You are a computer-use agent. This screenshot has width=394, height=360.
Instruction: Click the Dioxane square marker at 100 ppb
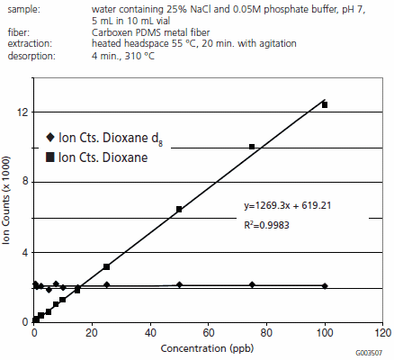pyautogui.click(x=325, y=105)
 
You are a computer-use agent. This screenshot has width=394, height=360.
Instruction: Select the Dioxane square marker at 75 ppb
pyautogui.click(x=252, y=147)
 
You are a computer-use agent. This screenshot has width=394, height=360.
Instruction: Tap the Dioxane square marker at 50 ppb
pyautogui.click(x=179, y=209)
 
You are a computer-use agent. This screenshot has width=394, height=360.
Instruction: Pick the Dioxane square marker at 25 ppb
pyautogui.click(x=106, y=266)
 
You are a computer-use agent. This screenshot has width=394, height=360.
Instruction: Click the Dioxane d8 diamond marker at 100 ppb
pyautogui.click(x=325, y=285)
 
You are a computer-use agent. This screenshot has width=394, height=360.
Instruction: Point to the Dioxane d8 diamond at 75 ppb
pyautogui.click(x=252, y=284)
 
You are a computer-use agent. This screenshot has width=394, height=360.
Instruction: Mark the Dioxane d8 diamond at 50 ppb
pyautogui.click(x=179, y=284)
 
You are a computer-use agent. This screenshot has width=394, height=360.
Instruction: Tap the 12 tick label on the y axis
pyautogui.click(x=22, y=112)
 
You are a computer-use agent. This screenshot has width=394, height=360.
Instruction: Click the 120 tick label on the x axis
pyautogui.click(x=382, y=332)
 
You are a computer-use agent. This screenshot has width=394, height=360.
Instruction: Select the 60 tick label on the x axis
pyautogui.click(x=208, y=332)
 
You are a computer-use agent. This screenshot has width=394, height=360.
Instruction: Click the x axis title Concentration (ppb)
pyautogui.click(x=207, y=347)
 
